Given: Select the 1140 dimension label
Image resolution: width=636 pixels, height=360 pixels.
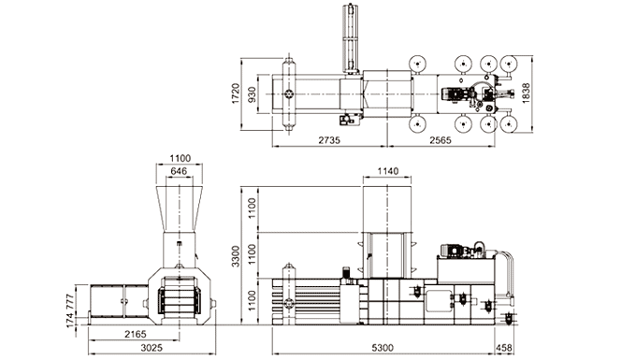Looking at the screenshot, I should [x=387, y=171].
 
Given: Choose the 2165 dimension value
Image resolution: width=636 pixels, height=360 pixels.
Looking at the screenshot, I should [x=136, y=334].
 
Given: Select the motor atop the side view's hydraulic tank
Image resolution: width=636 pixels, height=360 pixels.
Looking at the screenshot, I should [x=458, y=249].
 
